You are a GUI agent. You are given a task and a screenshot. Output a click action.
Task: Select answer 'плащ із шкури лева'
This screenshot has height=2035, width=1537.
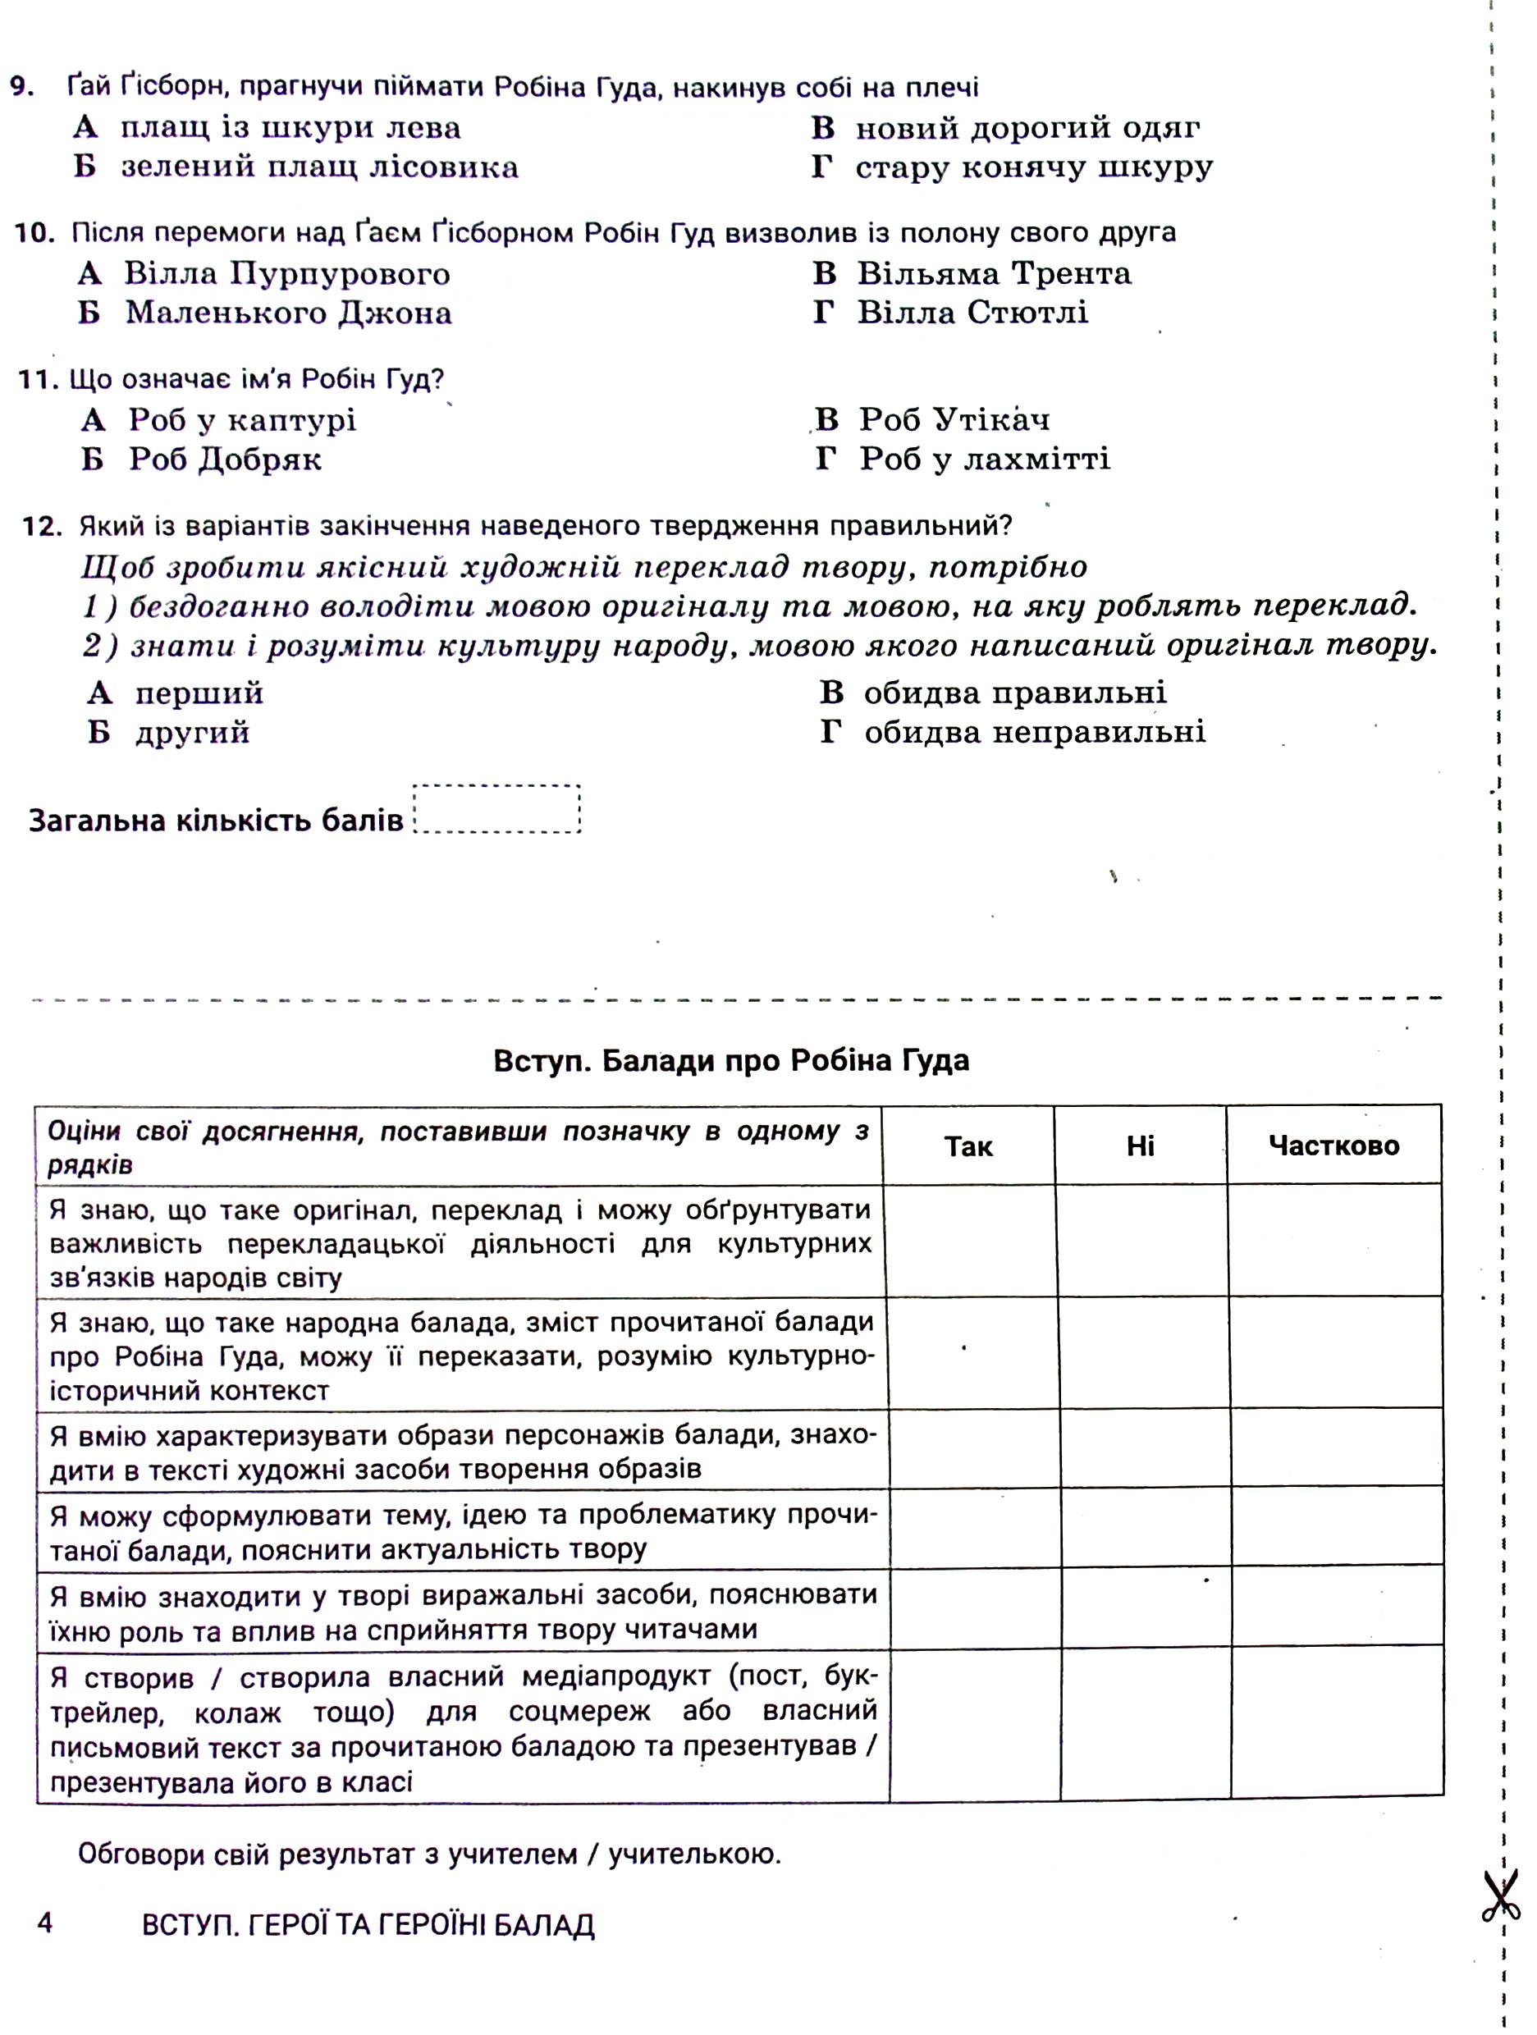(289, 128)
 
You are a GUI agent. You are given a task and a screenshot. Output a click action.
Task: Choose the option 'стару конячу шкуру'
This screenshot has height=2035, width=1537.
(1033, 167)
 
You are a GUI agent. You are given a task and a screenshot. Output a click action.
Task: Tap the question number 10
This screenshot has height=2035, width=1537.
(35, 233)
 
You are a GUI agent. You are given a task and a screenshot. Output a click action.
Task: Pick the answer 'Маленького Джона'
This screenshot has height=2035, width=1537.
(287, 313)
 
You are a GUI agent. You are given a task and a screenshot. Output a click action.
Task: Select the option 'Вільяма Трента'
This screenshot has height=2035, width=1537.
(994, 273)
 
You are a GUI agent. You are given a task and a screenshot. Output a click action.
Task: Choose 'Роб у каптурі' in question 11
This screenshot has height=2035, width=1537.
(241, 420)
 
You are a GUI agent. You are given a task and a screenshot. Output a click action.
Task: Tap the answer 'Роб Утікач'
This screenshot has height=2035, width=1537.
(953, 419)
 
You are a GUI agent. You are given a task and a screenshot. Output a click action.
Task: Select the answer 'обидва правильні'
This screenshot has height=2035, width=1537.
(1013, 693)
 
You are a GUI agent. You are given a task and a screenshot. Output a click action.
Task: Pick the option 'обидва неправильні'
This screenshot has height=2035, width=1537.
(1034, 732)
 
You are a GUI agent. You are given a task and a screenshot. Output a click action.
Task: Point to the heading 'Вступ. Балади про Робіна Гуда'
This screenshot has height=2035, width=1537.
(731, 1061)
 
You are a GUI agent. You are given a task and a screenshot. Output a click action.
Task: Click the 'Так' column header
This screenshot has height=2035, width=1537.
(967, 1146)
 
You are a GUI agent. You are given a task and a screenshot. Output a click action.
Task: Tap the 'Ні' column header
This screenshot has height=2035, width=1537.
(1140, 1146)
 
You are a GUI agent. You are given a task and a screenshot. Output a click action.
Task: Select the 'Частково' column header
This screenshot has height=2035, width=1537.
(1333, 1146)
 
